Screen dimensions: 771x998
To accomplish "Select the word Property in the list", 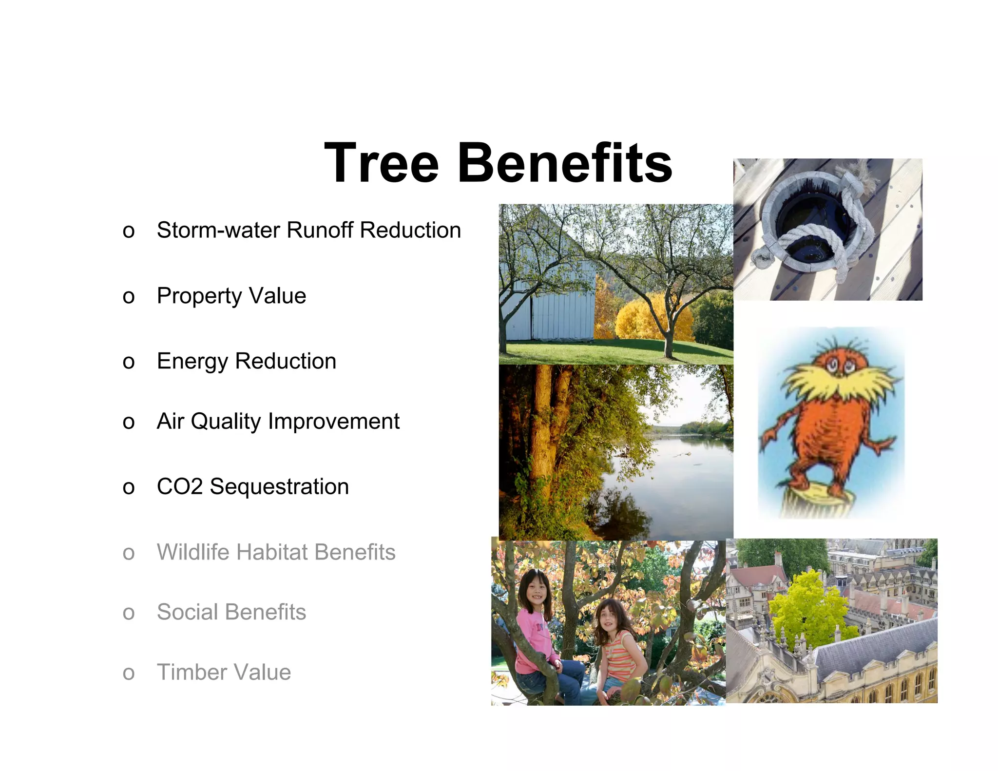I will (199, 296).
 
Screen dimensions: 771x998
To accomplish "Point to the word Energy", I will (192, 362).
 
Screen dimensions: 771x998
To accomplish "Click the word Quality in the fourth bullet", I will (226, 422).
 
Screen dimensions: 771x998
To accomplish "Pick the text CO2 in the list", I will (179, 487).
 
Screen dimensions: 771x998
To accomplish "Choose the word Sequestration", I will (279, 487).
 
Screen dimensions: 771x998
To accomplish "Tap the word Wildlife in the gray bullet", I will (192, 552).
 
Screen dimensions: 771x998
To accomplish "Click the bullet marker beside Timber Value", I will (129, 674).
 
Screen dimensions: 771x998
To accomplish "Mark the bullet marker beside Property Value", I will (129, 297).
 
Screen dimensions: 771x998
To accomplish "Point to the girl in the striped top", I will (619, 643).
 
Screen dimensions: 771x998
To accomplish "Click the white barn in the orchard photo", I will (551, 302).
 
